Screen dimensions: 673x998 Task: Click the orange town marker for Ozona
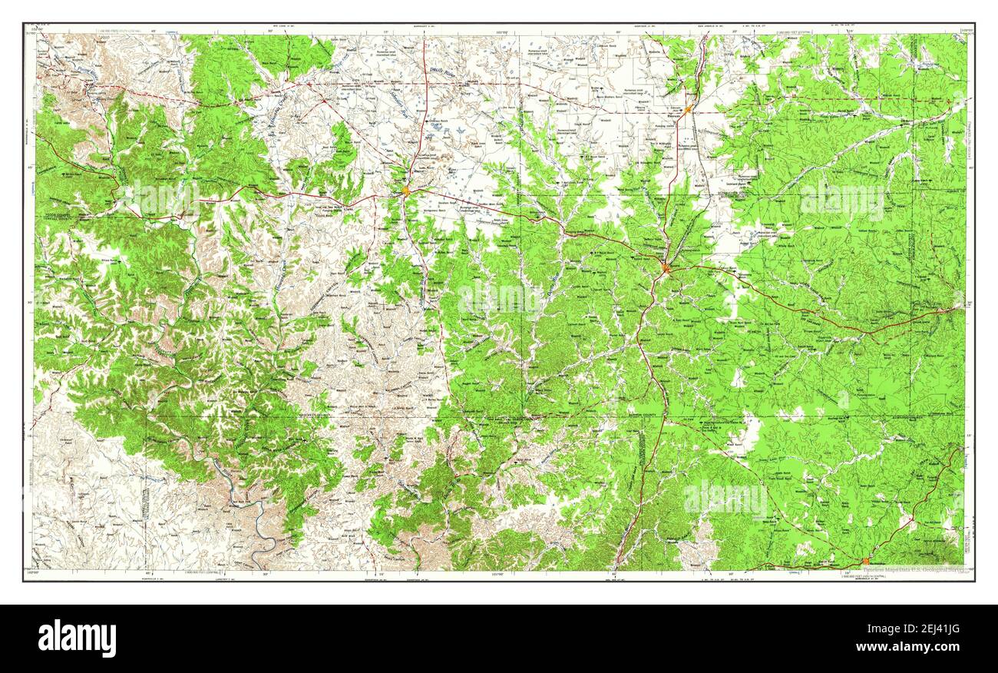tap(405, 190)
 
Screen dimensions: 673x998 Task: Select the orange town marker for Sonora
tap(666, 268)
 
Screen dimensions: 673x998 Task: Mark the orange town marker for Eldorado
tap(689, 110)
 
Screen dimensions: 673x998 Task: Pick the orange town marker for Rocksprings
tap(865, 561)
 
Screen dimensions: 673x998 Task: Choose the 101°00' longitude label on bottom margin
tap(503, 572)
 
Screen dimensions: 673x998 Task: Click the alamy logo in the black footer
tap(77, 638)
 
